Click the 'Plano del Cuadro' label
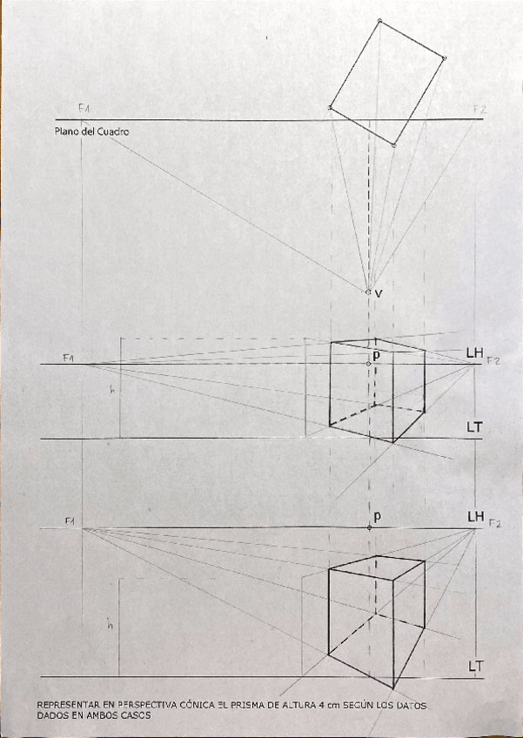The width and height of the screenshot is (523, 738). tap(91, 131)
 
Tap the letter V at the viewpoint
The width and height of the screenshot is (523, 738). tap(379, 294)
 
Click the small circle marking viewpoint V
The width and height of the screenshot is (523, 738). tap(368, 292)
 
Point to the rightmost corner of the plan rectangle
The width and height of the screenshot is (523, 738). tap(444, 58)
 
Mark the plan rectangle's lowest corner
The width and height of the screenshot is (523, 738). tap(394, 145)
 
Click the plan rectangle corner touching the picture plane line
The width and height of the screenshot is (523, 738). tap(330, 108)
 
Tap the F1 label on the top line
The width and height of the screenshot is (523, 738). tap(84, 107)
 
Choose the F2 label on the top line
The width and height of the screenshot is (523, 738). tap(479, 109)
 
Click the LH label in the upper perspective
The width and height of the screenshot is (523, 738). tap(474, 352)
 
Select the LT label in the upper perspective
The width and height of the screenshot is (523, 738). tap(475, 427)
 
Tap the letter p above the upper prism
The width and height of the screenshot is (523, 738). tap(377, 355)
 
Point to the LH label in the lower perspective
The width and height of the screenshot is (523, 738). tap(475, 516)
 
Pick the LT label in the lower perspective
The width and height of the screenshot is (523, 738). tap(475, 666)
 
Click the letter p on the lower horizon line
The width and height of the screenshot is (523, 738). tap(377, 516)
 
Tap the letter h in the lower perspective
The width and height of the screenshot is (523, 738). tap(110, 624)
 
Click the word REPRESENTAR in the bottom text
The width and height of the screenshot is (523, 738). tap(67, 704)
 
